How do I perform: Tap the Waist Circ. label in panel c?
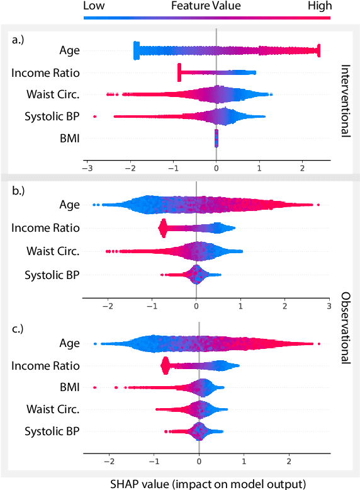click(x=53, y=409)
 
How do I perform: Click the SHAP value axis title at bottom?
click(x=208, y=484)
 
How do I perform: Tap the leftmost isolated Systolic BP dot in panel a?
click(x=95, y=117)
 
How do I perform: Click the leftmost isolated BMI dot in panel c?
click(x=95, y=387)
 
